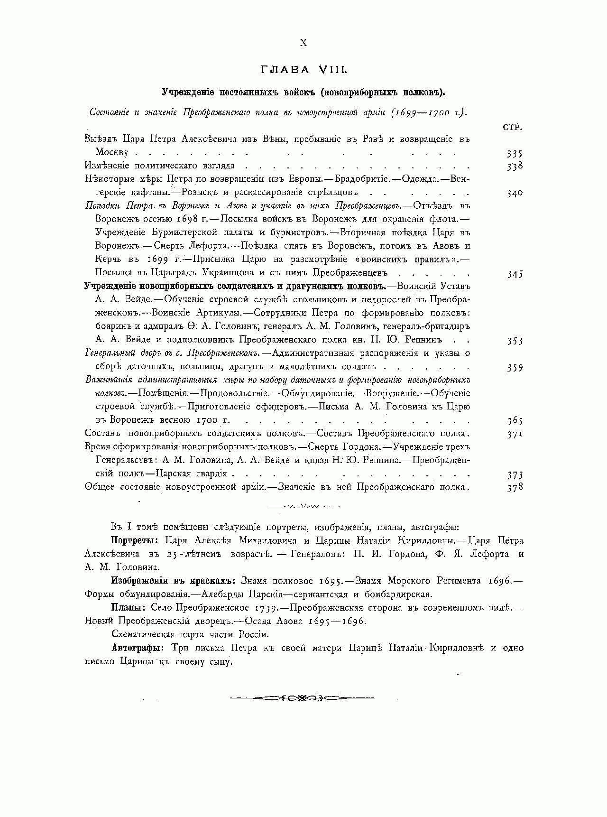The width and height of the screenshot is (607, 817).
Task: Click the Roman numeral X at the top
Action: (303, 43)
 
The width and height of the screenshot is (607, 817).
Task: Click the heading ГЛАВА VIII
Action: (303, 70)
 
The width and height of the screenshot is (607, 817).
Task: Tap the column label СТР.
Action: (512, 127)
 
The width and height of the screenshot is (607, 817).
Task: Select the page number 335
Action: (514, 154)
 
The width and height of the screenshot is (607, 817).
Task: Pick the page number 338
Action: (514, 166)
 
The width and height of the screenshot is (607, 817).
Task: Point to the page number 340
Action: (514, 193)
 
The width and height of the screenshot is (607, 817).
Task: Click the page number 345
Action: (514, 274)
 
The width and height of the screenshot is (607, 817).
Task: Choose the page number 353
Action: (514, 341)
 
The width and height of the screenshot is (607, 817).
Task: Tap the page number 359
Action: (514, 368)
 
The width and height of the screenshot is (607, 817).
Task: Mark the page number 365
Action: (514, 421)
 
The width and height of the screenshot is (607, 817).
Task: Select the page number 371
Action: (514, 434)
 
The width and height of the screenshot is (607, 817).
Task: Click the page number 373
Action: (514, 474)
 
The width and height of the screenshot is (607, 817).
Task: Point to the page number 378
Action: (514, 487)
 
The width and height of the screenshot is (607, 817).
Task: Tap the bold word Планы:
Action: (129, 608)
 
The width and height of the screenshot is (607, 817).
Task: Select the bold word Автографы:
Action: (138, 648)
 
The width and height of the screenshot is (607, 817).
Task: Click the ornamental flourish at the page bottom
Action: (303, 698)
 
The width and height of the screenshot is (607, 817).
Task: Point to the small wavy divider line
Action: (303, 507)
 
